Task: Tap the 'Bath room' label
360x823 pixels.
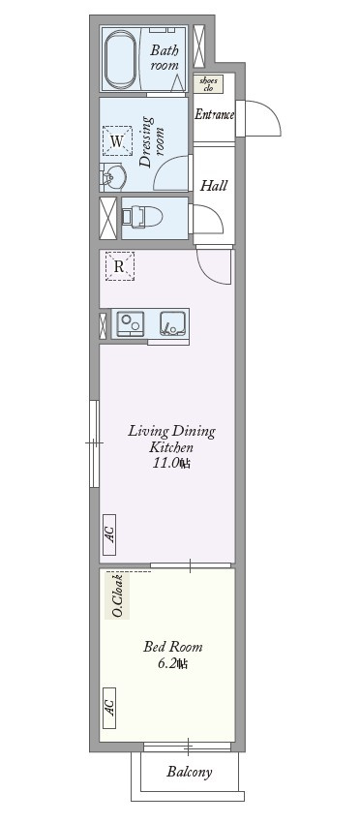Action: pos(164,57)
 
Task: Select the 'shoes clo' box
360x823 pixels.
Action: pos(208,84)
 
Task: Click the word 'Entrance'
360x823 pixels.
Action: pos(214,115)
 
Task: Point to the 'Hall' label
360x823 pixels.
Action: pos(213,185)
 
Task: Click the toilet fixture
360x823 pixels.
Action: pos(141,217)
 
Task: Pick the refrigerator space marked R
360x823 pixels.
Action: pos(119,266)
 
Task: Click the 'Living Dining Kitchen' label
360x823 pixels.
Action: pos(171,440)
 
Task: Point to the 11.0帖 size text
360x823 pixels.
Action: pos(170,464)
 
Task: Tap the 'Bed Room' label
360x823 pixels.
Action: pos(172,647)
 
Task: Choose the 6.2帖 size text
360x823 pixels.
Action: pos(172,664)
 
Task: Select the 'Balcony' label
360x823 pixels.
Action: pos(189,773)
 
